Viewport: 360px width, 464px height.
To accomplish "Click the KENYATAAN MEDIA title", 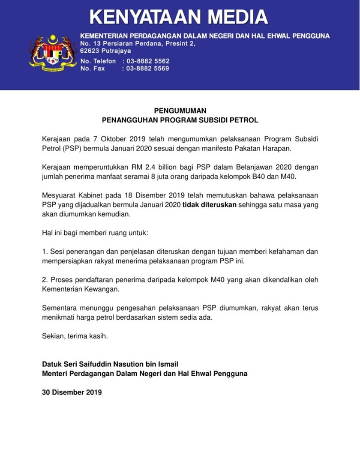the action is [179, 17].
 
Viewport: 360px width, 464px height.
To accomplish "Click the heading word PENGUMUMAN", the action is [180, 111].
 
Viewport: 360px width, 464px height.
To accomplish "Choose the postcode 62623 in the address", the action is [90, 51].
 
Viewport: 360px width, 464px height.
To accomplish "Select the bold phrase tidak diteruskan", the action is [210, 205].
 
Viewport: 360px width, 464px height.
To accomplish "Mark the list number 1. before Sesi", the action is [45, 251].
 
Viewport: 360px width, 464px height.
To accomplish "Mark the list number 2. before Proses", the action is [45, 280].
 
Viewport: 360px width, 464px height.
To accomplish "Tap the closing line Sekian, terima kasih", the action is [75, 336].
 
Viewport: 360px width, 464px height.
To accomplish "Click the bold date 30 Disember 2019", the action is [72, 392].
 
